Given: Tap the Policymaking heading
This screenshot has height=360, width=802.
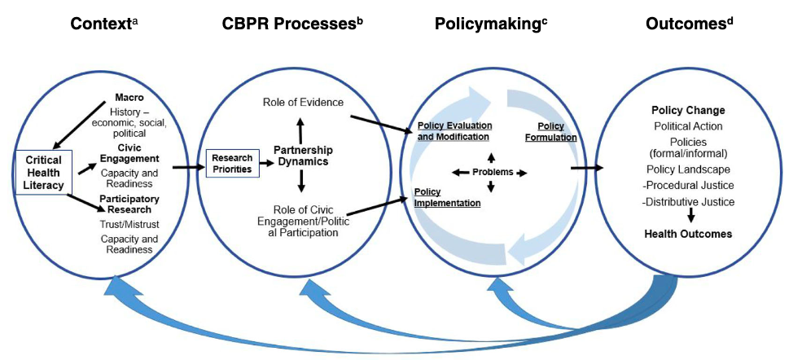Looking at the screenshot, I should (484, 24).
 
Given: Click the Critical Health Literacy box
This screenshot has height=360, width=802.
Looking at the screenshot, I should (42, 171).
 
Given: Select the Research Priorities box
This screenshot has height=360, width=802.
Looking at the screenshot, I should (232, 163).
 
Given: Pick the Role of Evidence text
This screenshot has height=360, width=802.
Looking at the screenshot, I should (303, 102).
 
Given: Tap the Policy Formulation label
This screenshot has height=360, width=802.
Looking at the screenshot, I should (557, 132).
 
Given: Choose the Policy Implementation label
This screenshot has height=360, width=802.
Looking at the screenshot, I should (447, 197).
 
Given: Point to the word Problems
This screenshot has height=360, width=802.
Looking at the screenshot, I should (492, 173).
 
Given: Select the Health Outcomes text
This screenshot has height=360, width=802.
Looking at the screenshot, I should (688, 234).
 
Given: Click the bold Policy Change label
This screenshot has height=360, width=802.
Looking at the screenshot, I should (688, 111).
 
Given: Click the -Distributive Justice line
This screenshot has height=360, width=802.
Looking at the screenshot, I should (688, 202).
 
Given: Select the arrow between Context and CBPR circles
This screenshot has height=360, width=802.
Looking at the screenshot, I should (187, 168).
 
